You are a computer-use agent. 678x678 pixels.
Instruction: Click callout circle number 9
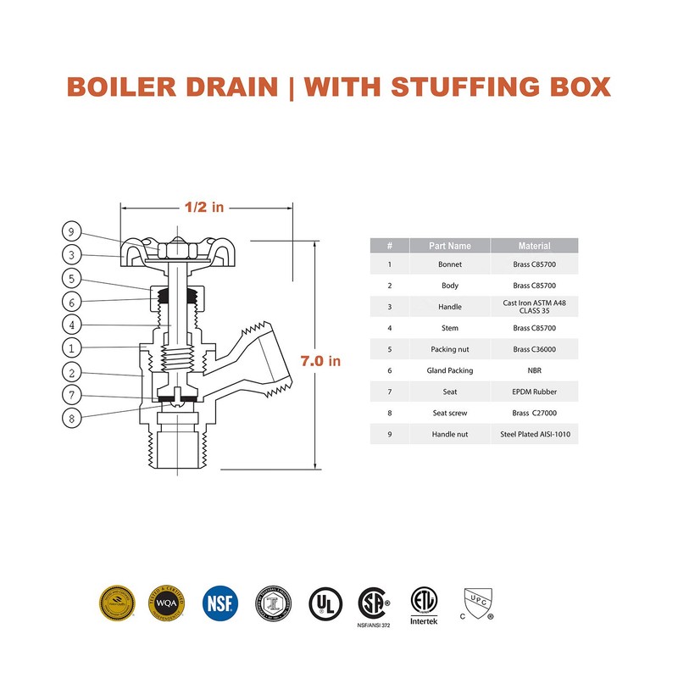73,231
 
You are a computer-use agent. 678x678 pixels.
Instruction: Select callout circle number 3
73,254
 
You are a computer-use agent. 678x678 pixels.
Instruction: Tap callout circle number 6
73,302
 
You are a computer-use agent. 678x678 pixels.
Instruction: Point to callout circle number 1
73,347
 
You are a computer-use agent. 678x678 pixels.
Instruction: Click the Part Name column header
449,246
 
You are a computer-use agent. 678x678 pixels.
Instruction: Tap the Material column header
534,246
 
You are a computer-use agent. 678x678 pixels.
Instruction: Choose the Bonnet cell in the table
449,265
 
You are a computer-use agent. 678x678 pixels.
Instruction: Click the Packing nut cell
449,349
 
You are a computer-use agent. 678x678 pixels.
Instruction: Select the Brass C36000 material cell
534,349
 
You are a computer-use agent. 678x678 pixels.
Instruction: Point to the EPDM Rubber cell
534,392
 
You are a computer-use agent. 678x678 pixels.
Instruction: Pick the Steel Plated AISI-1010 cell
534,435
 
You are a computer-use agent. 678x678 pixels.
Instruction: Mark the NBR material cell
534,370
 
